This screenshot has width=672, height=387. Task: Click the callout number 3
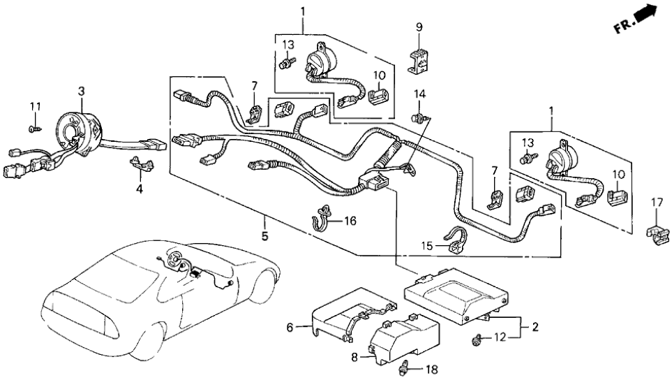click(x=82, y=92)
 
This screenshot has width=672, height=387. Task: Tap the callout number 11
click(x=35, y=106)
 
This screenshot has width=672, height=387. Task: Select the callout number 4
click(x=139, y=189)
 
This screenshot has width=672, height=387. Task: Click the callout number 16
click(x=350, y=221)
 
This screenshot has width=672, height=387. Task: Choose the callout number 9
click(x=419, y=27)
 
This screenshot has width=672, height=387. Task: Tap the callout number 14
click(x=419, y=94)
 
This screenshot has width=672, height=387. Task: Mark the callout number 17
click(x=656, y=203)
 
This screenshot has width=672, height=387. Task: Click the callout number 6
click(x=290, y=326)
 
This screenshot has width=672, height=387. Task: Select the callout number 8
click(x=354, y=358)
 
